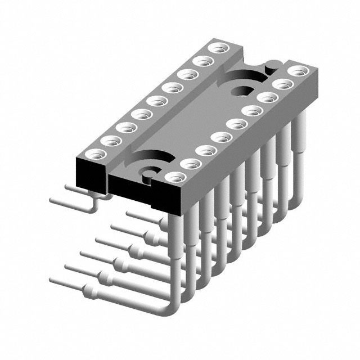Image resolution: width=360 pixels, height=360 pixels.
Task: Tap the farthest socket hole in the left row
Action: click(x=214, y=48)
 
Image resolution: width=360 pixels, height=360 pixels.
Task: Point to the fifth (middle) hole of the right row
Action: click(x=236, y=123)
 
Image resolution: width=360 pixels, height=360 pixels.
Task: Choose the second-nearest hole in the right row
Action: click(x=191, y=163)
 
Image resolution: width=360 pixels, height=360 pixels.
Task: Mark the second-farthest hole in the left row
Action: click(x=200, y=61)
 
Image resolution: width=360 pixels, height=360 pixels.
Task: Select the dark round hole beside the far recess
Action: click(x=245, y=90)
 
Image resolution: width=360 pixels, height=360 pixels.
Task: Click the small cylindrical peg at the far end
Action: click(x=271, y=67)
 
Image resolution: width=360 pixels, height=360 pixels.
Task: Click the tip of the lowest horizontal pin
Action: click(x=52, y=280)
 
